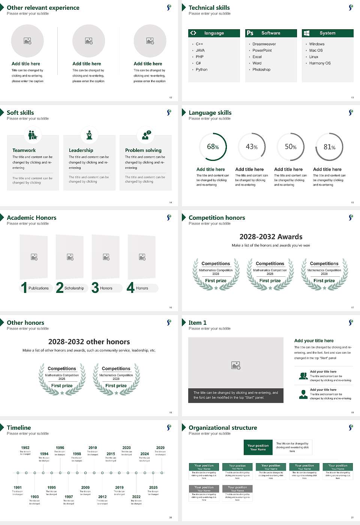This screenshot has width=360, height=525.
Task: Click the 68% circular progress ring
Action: (213, 147)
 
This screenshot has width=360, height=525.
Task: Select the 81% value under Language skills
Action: (329, 147)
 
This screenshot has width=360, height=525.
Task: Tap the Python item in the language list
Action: (201, 70)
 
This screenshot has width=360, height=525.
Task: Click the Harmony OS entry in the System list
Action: (320, 63)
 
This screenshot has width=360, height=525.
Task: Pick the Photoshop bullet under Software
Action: (261, 70)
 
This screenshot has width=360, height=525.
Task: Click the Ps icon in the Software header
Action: (250, 33)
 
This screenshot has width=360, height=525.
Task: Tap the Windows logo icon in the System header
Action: (307, 33)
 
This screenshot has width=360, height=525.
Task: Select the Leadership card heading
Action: (81, 150)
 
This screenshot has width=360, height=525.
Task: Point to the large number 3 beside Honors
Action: (95, 288)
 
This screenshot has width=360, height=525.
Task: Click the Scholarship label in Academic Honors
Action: (74, 288)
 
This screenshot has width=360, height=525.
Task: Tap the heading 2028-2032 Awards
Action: (271, 237)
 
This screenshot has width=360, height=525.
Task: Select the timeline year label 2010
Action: (93, 448)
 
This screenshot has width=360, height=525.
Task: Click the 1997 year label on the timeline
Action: (69, 497)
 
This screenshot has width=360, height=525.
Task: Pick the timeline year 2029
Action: (160, 448)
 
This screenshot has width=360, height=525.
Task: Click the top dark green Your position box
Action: (258, 447)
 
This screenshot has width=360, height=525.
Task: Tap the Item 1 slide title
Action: (198, 322)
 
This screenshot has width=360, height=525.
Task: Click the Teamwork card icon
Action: (33, 135)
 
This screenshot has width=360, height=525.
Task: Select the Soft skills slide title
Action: (20, 112)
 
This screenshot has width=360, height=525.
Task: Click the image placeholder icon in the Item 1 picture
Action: (236, 365)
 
